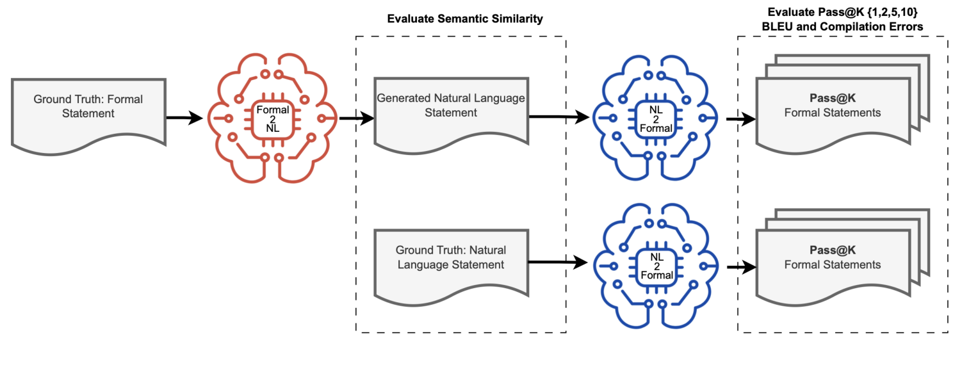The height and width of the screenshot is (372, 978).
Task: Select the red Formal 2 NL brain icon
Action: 272,119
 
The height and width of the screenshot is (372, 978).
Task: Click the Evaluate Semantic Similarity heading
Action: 465,19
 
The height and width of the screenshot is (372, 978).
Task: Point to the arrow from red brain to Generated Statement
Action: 356,118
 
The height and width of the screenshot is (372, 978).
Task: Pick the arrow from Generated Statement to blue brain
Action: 557,117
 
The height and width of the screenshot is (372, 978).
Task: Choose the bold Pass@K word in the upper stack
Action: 833,101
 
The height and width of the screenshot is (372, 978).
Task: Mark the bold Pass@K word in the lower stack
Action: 833,252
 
